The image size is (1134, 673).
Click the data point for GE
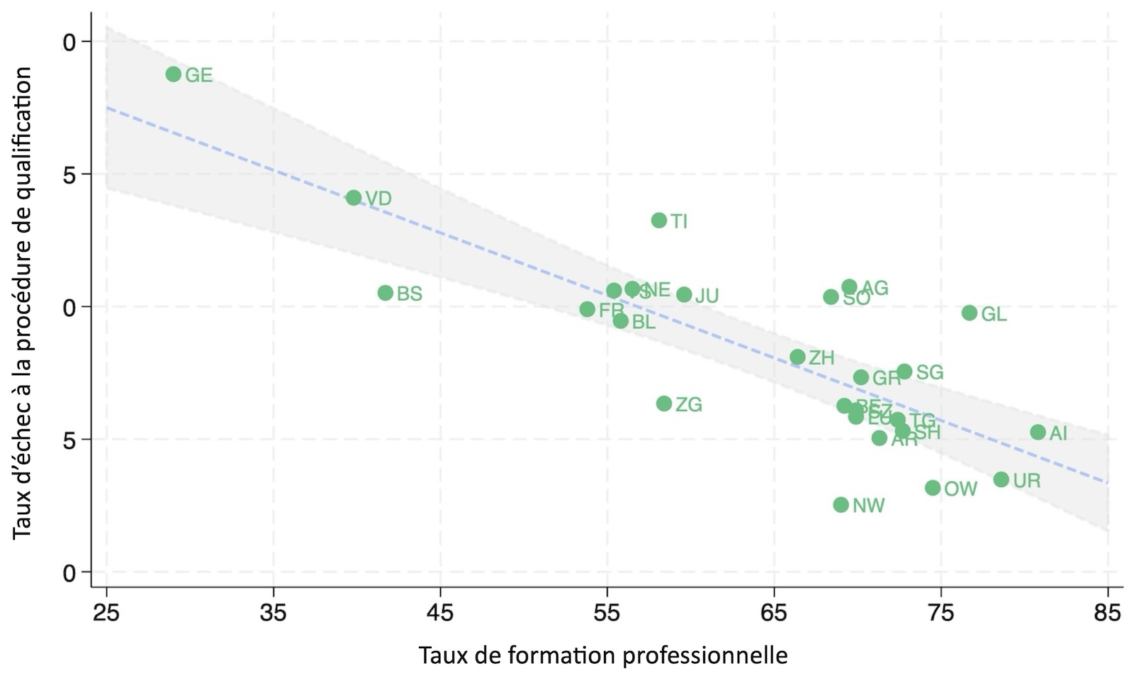(174, 74)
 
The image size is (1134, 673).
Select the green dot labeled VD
(354, 198)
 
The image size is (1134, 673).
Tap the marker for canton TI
(659, 221)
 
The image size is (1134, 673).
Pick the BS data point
(386, 293)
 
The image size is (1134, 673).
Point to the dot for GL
(970, 313)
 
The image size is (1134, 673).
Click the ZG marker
(664, 404)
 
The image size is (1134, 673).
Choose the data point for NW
(841, 505)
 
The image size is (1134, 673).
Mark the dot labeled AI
(1038, 432)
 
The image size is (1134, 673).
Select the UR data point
(1001, 479)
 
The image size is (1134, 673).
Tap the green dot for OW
(933, 488)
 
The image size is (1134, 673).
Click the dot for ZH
(798, 357)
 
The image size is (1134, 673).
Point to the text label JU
(707, 296)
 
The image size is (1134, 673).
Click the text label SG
(930, 372)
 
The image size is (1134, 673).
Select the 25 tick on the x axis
(106, 613)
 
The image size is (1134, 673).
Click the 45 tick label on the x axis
(440, 613)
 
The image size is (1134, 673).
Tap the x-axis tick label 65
(774, 613)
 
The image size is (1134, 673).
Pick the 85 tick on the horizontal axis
(1108, 613)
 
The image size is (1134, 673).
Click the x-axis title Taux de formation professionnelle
(602, 655)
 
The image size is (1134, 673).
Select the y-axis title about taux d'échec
(22, 302)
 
